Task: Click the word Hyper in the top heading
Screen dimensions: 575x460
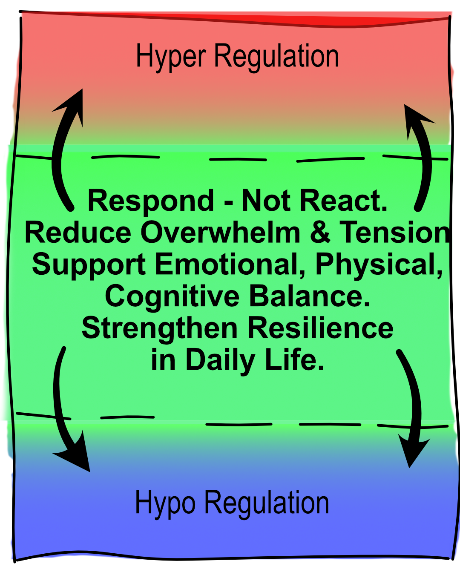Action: [x=171, y=57]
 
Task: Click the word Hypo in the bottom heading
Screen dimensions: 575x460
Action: [x=165, y=503]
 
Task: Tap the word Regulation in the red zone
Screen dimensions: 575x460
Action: [x=276, y=57]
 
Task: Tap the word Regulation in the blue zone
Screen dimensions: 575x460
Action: [x=267, y=503]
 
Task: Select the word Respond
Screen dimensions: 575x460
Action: [x=151, y=201]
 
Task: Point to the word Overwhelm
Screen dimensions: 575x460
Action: [x=221, y=233]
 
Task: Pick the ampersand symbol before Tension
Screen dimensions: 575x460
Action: [x=320, y=233]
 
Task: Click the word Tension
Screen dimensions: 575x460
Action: [x=394, y=233]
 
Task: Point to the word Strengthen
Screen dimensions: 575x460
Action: [x=159, y=328]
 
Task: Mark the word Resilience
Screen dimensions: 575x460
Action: [x=320, y=328]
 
